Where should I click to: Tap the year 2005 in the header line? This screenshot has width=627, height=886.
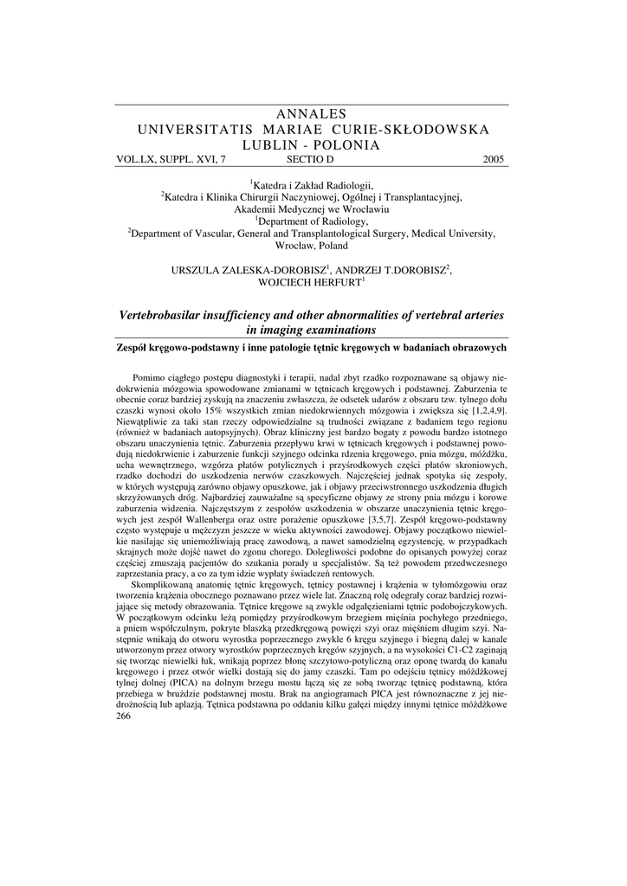[x=493, y=159]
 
